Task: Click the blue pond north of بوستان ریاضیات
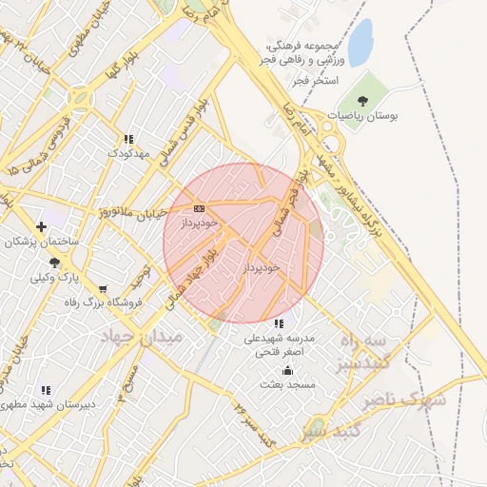click(360, 43)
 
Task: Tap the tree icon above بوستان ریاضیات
click(361, 100)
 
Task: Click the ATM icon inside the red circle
click(199, 208)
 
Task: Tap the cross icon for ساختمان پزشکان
click(41, 226)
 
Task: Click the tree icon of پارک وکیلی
click(54, 263)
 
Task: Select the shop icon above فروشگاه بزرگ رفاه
click(102, 288)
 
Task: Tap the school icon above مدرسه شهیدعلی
click(278, 323)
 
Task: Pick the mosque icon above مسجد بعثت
click(287, 370)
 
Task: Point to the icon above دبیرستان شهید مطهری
click(46, 390)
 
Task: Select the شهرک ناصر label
click(411, 399)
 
